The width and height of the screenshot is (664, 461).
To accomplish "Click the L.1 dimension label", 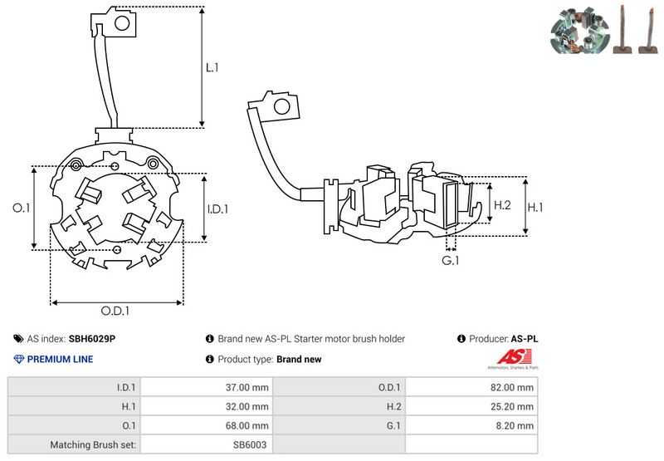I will [212, 67].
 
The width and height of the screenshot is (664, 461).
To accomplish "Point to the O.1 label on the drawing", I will [22, 208].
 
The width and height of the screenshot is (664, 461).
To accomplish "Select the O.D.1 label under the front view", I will [117, 311].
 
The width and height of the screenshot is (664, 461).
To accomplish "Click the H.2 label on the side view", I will [501, 205].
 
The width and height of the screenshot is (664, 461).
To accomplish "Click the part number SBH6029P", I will [91, 339].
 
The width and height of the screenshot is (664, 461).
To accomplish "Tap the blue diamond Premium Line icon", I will [19, 359].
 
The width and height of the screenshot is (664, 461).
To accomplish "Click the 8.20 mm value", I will [516, 425].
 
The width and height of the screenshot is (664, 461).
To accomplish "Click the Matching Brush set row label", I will [96, 444].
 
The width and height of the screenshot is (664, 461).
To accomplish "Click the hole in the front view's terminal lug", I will [121, 24].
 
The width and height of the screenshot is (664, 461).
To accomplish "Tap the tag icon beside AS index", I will [18, 339].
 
